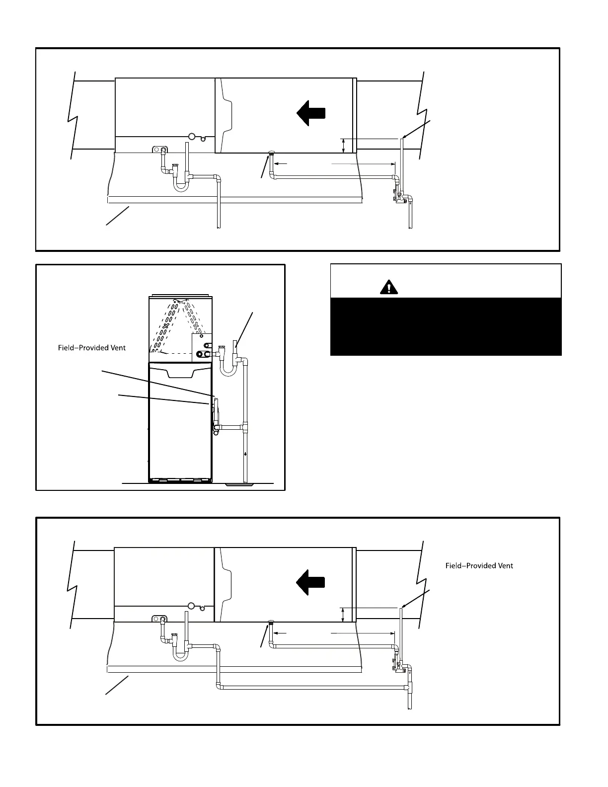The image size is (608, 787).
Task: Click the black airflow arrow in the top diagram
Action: tap(311, 113)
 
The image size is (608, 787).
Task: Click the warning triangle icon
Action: tap(389, 287)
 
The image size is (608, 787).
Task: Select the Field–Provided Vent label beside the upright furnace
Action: tap(92, 348)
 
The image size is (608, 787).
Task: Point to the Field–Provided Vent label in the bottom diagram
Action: tap(479, 565)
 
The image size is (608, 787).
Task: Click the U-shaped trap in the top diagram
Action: tap(180, 185)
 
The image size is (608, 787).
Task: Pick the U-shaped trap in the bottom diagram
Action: tap(180, 654)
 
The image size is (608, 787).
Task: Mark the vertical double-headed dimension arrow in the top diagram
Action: tap(344, 146)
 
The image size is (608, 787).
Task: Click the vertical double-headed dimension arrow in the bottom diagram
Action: tap(343, 615)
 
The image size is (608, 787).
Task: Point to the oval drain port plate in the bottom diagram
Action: tap(159, 619)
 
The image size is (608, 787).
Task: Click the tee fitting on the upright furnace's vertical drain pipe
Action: tap(244, 426)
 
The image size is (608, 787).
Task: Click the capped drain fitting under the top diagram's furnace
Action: tap(271, 153)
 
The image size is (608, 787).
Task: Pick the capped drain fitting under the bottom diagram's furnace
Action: tap(271, 622)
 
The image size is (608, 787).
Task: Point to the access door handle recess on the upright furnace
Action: tap(180, 373)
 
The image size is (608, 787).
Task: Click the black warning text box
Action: tap(446, 326)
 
